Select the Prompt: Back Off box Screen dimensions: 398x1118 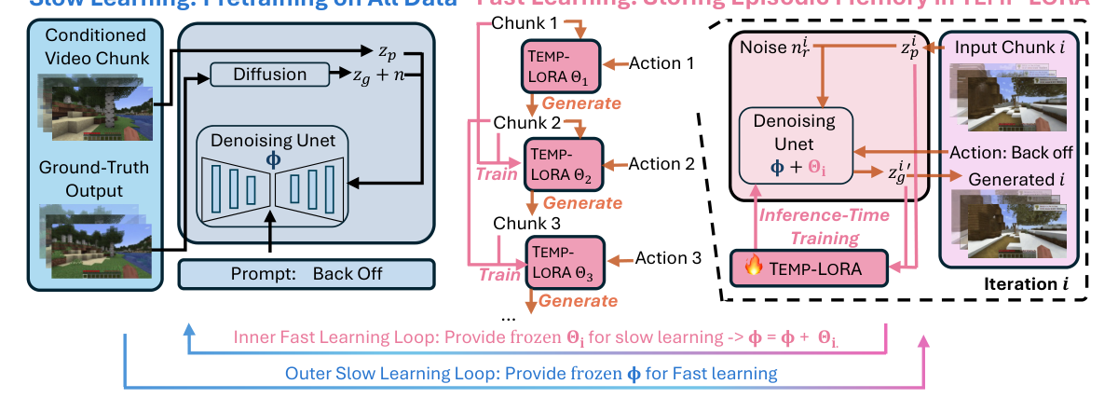pos(307,274)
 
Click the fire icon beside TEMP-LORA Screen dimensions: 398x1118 pos(755,268)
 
